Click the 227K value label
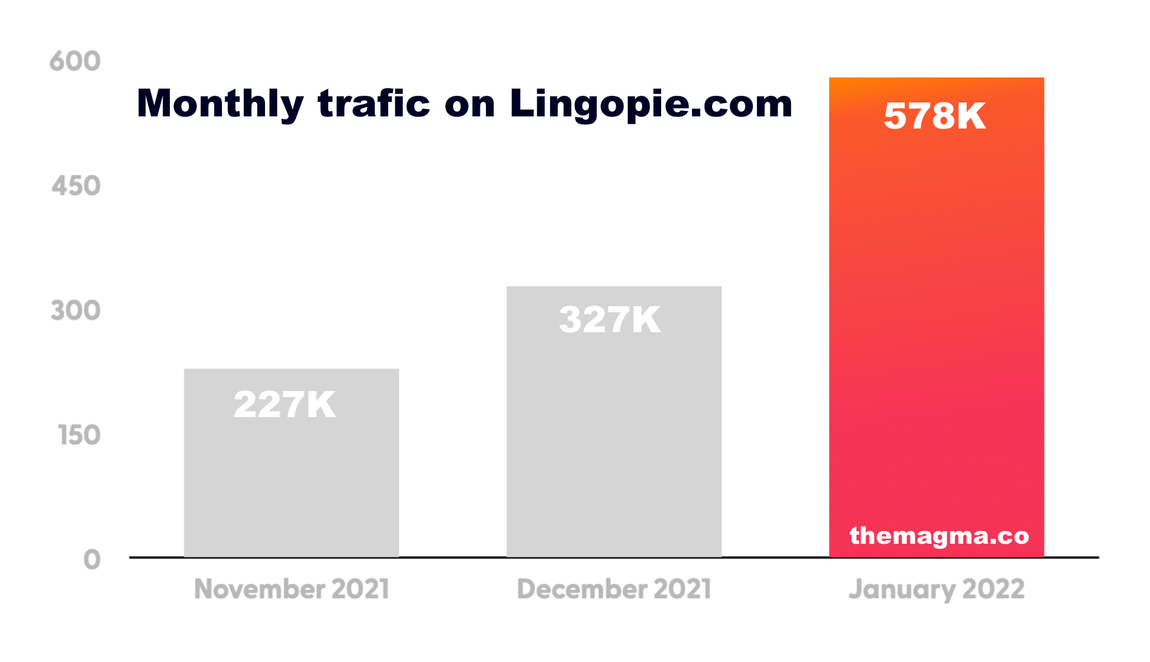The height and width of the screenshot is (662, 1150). (x=284, y=405)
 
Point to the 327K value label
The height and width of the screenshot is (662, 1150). (x=610, y=319)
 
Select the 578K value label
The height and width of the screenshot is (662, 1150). (x=935, y=116)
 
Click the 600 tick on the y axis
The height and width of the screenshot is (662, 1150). (x=75, y=61)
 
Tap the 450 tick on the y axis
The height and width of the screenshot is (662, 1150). (x=76, y=186)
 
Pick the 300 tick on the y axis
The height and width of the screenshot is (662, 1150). (x=76, y=311)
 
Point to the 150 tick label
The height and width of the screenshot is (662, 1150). (x=79, y=435)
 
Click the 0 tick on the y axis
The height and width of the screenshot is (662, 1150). (x=92, y=560)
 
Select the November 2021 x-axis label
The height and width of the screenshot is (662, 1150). (x=291, y=589)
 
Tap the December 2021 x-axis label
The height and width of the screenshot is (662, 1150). (x=614, y=589)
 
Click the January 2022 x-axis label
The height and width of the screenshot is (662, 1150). (x=936, y=589)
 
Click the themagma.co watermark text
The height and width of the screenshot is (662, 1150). (x=939, y=536)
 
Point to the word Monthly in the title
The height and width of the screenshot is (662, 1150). (x=220, y=104)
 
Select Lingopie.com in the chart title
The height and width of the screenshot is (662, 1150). (x=651, y=104)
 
